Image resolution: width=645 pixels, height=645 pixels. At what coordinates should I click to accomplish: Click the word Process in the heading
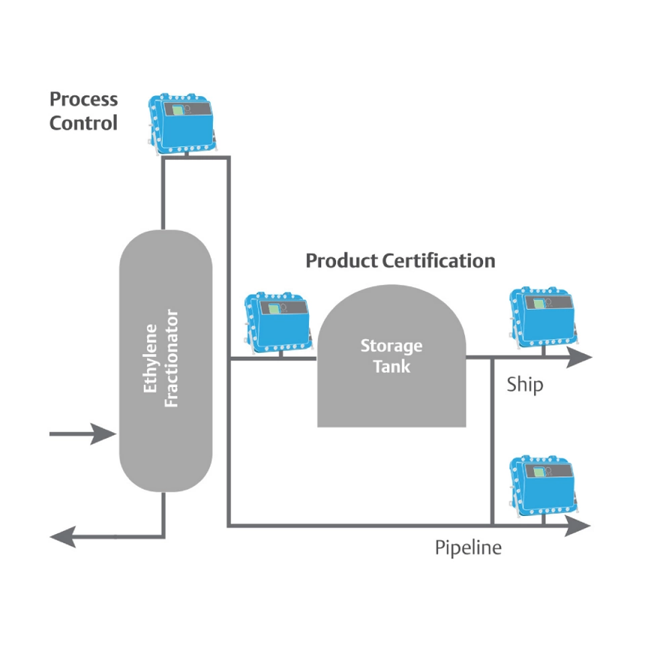pyautogui.click(x=83, y=99)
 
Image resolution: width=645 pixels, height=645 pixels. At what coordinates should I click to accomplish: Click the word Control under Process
pyautogui.click(x=83, y=123)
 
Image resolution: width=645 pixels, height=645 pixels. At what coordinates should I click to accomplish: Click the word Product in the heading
pyautogui.click(x=341, y=261)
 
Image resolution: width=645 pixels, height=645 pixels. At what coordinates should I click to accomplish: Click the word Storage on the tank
pyautogui.click(x=391, y=346)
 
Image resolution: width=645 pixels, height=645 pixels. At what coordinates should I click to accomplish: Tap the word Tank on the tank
pyautogui.click(x=391, y=367)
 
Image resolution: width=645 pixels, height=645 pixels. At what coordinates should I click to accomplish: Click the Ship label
pyautogui.click(x=525, y=385)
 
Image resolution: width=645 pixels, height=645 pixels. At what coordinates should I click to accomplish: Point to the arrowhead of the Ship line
pyautogui.click(x=578, y=359)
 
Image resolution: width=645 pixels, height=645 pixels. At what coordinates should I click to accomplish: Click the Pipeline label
pyautogui.click(x=468, y=548)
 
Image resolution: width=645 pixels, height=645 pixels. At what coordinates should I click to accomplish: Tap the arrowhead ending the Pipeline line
pyautogui.click(x=578, y=526)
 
